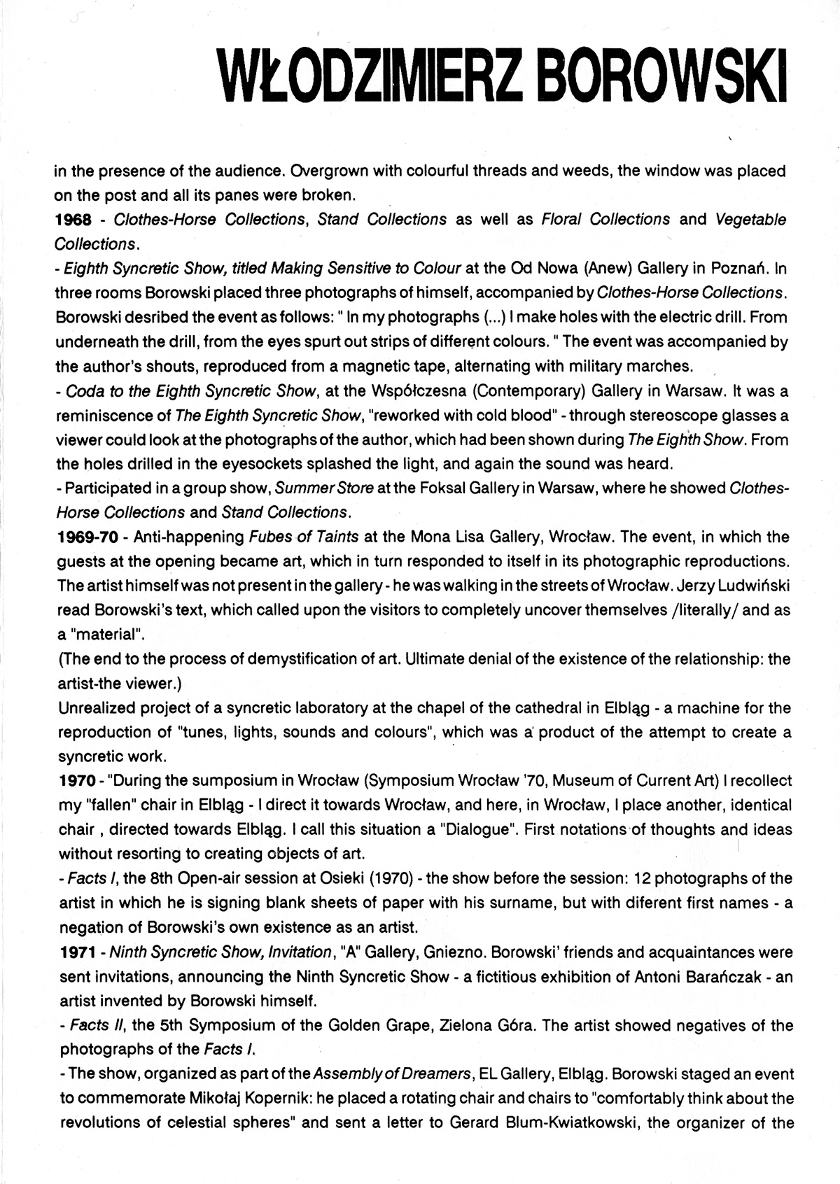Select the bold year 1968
coord(73,220)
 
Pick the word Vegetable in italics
coord(751,220)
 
